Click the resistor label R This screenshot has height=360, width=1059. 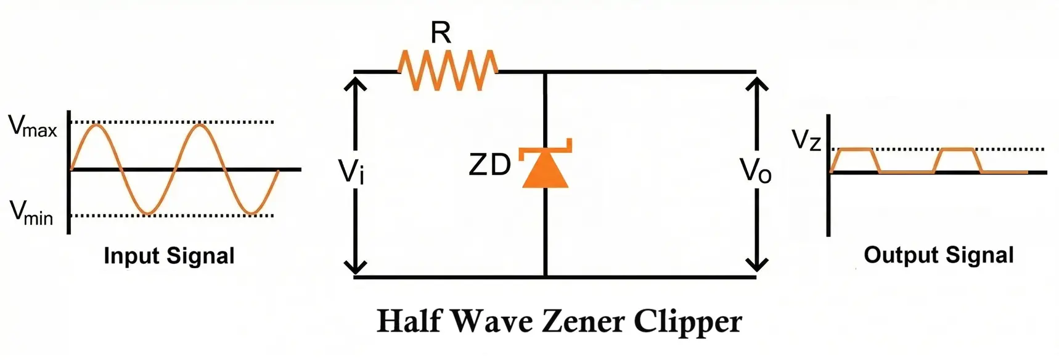(x=441, y=33)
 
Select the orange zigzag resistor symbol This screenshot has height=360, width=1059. (x=448, y=70)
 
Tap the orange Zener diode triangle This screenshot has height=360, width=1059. (x=545, y=170)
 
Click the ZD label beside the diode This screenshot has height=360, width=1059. (x=490, y=165)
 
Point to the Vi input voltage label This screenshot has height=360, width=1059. (x=351, y=171)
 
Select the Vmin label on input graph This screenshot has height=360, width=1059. (x=31, y=213)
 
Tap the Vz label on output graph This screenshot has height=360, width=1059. (x=806, y=141)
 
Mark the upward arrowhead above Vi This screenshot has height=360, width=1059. (x=355, y=82)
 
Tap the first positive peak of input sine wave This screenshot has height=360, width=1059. (x=97, y=125)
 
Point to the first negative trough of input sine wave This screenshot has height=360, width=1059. (x=147, y=214)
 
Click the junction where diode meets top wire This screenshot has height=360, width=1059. (x=545, y=72)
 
